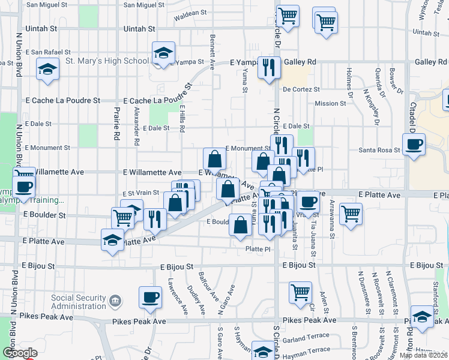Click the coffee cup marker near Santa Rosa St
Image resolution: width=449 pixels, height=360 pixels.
414,145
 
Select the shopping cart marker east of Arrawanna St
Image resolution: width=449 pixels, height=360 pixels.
351,213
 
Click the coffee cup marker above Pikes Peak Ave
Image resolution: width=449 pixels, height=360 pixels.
150,296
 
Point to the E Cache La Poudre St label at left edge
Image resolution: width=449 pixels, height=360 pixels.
63,101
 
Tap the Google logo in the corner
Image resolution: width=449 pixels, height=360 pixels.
20,352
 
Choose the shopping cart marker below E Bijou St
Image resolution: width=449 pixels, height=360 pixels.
300,292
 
